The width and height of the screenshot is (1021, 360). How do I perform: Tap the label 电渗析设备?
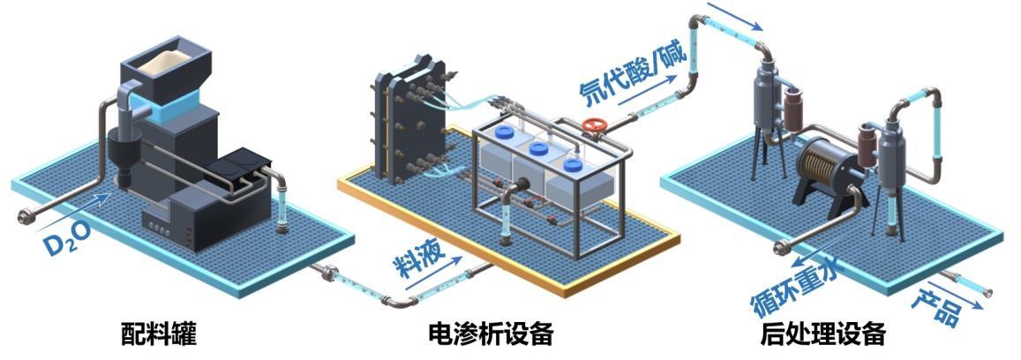click(491, 334)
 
